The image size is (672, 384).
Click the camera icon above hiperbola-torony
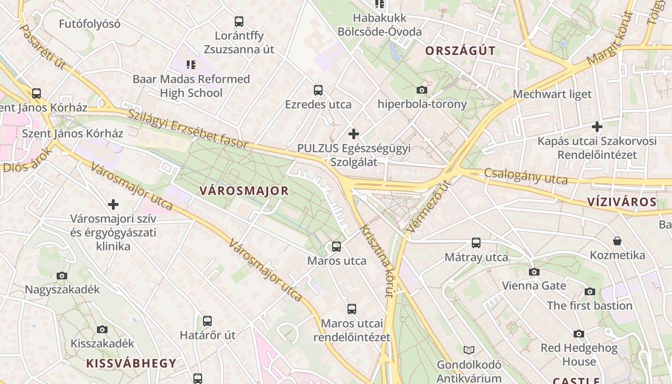click(x=422, y=90)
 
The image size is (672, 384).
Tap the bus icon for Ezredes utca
click(x=318, y=90)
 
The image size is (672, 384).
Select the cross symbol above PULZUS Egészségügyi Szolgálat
click(x=354, y=133)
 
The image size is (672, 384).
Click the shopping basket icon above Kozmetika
click(x=617, y=240)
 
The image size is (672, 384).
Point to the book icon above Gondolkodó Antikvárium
click(x=468, y=350)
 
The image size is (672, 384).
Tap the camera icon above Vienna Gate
click(x=534, y=272)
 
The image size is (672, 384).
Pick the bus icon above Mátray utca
click(x=476, y=243)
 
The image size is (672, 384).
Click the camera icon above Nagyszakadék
click(x=62, y=276)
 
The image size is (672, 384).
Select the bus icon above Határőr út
click(x=207, y=321)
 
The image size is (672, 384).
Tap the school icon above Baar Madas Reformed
click(x=191, y=64)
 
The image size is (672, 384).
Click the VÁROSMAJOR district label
click(x=244, y=191)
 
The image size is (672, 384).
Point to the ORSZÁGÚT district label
click(x=460, y=51)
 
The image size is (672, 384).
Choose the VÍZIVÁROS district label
click(x=622, y=202)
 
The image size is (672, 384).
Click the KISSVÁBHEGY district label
click(x=131, y=363)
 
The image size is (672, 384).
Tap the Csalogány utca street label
click(x=526, y=176)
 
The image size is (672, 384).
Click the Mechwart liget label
click(x=552, y=94)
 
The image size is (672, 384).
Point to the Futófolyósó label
click(x=90, y=24)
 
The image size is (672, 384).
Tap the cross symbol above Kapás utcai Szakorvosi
click(x=597, y=127)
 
